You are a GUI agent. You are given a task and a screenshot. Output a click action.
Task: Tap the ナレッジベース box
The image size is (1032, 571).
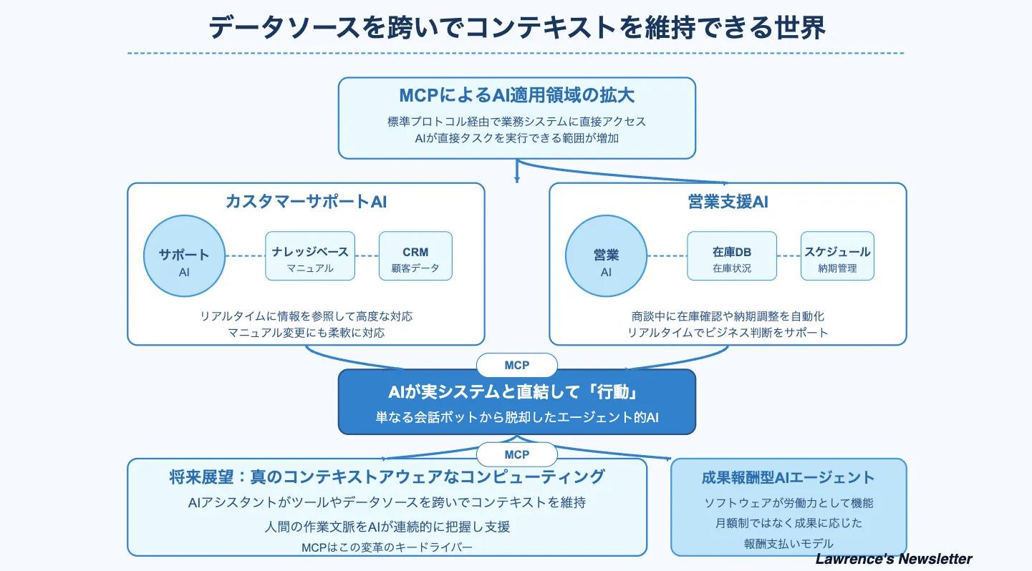coord(310,256)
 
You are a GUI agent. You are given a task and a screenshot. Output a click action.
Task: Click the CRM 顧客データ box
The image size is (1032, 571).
coord(415,256)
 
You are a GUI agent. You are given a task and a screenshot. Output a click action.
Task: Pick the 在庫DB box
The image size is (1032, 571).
coord(731,256)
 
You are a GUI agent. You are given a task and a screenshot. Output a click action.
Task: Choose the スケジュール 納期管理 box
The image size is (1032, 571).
coord(836,256)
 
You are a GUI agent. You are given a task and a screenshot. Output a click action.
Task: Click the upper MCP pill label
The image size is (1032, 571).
coord(516,365)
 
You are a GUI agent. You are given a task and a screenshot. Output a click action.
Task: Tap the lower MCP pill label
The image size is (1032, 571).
coord(516,454)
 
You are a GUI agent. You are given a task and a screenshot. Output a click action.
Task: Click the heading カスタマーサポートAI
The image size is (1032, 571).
coord(306,202)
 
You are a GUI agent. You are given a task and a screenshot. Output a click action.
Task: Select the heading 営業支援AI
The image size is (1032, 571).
coord(728,202)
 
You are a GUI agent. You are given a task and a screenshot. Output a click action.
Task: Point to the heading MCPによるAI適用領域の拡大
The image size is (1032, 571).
coord(516,96)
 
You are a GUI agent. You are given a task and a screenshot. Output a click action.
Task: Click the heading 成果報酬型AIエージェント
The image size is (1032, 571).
coord(788,477)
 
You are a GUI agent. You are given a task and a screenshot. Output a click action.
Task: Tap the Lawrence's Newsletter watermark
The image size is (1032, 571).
coord(894,559)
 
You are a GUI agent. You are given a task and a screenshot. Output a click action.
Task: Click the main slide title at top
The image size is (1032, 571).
coord(516,27)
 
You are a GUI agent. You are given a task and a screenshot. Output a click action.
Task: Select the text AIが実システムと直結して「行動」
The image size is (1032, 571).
coord(516,393)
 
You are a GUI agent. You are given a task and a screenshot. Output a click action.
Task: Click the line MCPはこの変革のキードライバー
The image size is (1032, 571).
coord(387,547)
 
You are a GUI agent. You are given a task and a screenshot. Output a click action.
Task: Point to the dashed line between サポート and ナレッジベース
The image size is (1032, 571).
coord(245,256)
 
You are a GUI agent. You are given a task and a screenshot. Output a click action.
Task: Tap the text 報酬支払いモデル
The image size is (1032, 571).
coord(788,543)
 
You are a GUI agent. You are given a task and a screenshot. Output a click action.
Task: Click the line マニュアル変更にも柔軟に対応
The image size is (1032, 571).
coord(306,333)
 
